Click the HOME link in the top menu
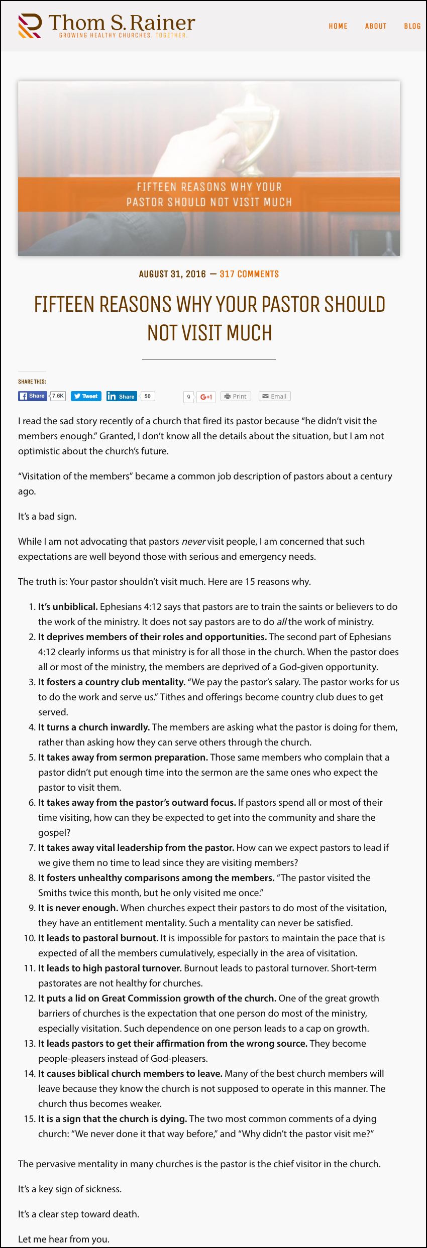coord(338,26)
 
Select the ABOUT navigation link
coord(375,26)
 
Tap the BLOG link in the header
coord(412,26)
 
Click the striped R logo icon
coord(30,26)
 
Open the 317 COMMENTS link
coord(249,274)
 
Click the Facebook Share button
coord(33,396)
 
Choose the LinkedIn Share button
coord(122,396)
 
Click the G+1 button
coord(206,397)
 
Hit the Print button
coord(236,396)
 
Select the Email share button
coord(274,396)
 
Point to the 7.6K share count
coord(58,396)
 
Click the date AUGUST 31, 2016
coord(172,274)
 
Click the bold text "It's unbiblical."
coord(68,606)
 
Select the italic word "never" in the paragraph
coord(193,541)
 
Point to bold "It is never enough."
coord(78,908)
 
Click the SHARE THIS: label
coord(32,382)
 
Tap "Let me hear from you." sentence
coord(63,1239)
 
